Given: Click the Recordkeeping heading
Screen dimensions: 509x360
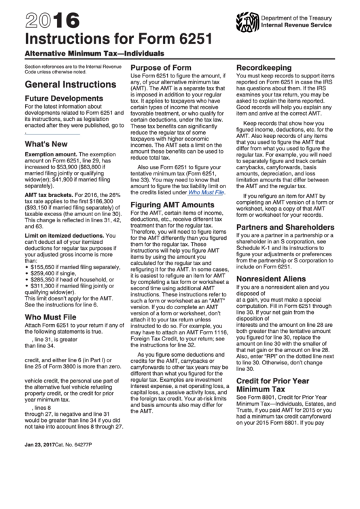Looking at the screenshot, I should point(266,68).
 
